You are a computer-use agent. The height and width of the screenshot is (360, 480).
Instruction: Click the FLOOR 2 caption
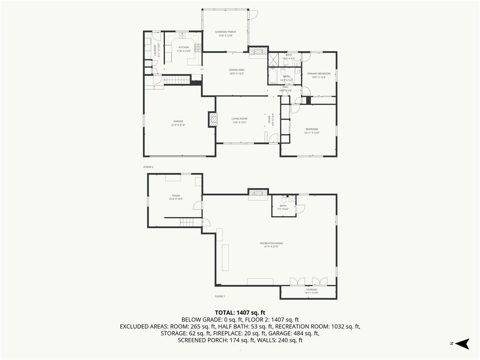(x=149, y=167)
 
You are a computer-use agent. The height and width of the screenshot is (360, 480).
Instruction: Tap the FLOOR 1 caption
(x=220, y=296)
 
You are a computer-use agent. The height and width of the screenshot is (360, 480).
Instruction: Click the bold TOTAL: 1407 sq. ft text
(x=240, y=312)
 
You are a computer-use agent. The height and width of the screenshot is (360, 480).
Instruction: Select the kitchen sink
(x=181, y=36)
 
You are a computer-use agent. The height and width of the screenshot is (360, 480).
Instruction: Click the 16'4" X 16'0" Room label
(x=176, y=197)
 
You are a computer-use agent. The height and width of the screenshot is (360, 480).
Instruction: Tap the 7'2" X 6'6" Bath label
(x=283, y=207)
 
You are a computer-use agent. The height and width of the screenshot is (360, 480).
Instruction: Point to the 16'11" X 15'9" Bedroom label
(x=312, y=131)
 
